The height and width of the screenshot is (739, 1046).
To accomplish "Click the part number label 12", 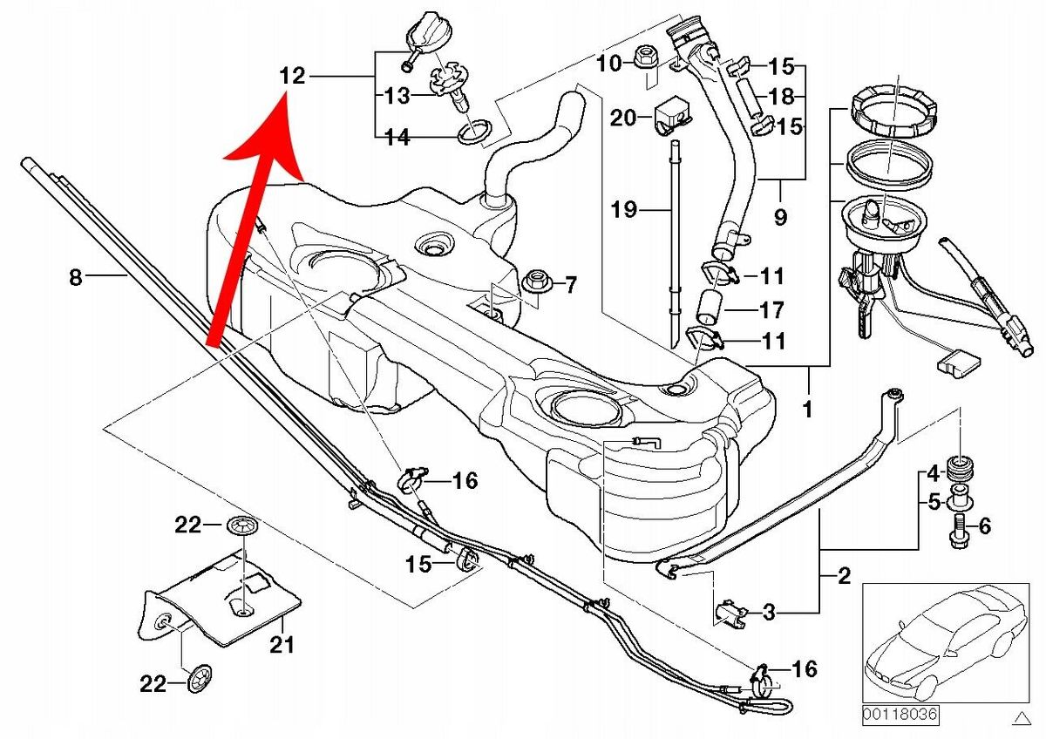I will coord(293,77).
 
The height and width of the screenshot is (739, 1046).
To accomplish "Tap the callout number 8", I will coord(75,278).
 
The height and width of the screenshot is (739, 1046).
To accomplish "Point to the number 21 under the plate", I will coord(282,646).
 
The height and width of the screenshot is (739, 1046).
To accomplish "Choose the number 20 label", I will coord(624,118).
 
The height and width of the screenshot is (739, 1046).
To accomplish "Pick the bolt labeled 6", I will coord(957,530).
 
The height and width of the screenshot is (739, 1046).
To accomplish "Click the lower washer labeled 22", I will coord(200,677).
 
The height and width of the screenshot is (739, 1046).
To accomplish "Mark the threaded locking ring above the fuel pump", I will coord(893,109).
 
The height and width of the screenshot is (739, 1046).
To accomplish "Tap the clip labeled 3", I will coord(730,612).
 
